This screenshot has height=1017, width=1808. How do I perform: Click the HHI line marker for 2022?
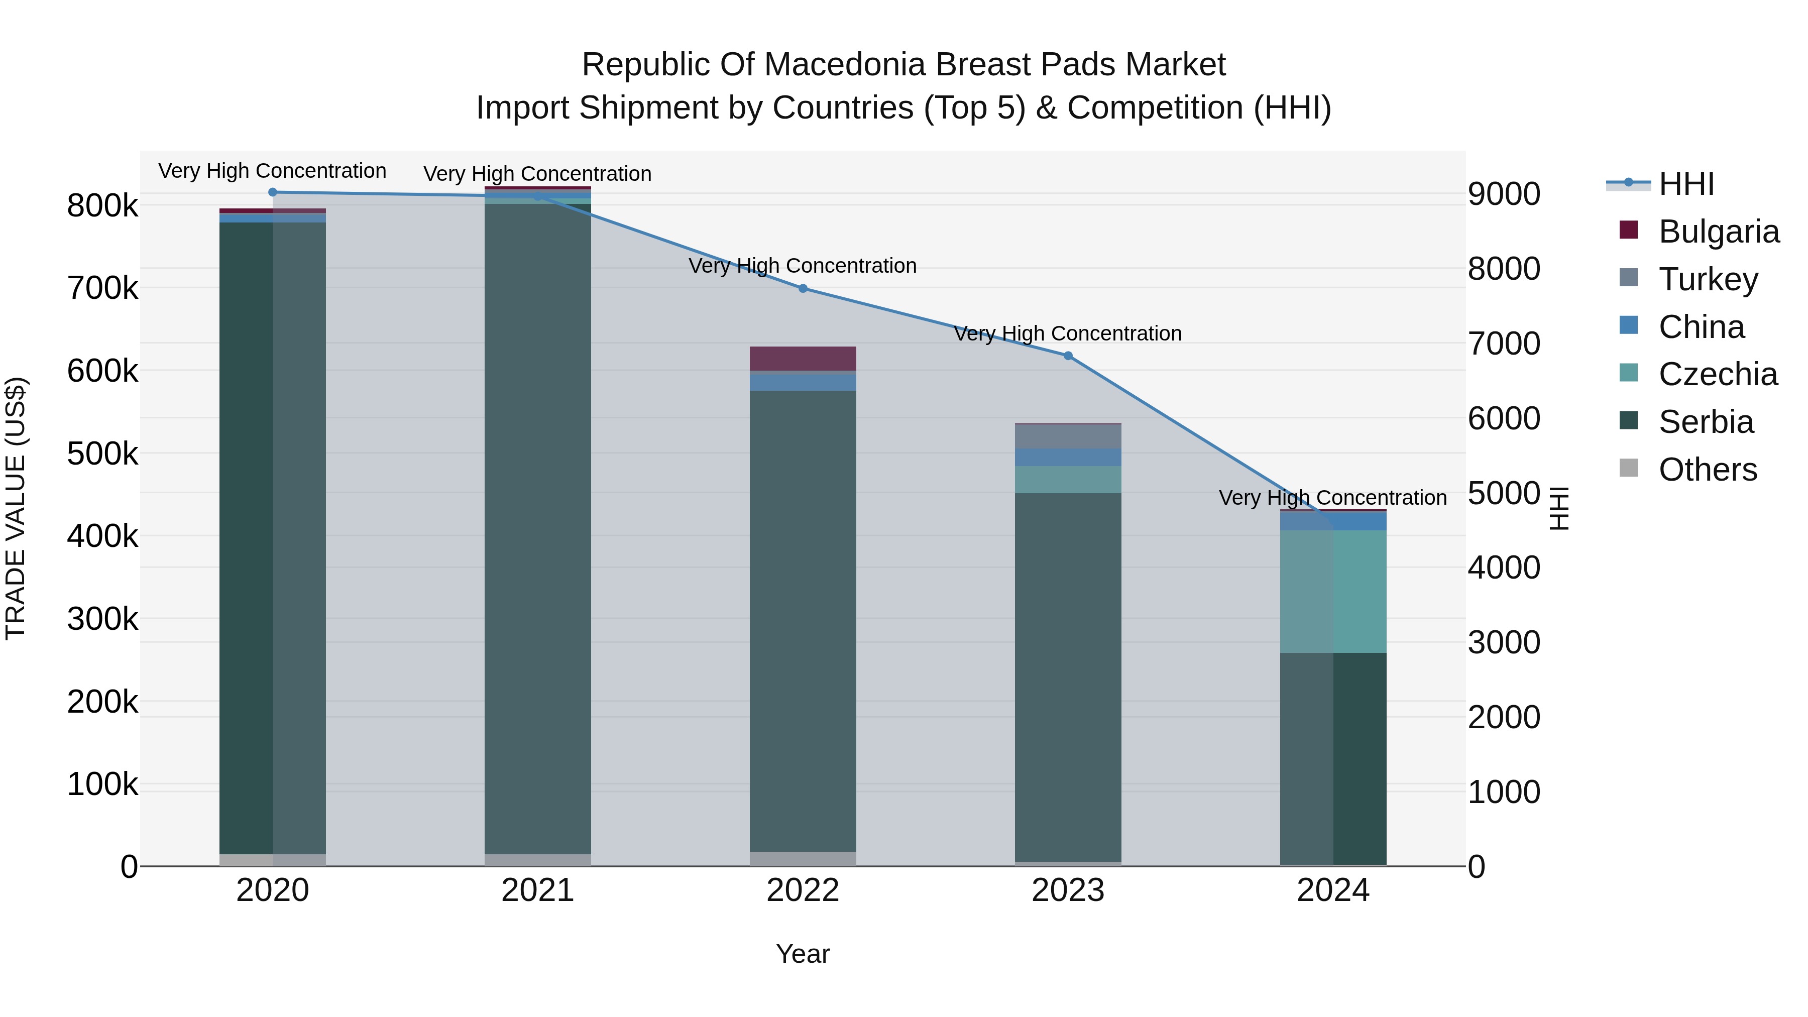(x=803, y=288)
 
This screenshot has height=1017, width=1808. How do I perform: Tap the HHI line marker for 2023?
(x=1068, y=356)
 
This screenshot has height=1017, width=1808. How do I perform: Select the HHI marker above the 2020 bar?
(x=273, y=192)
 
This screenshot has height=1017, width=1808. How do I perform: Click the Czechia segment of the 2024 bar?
(x=1333, y=592)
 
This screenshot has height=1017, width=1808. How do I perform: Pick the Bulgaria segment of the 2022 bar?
(x=803, y=359)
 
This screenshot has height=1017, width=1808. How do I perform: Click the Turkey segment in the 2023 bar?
(x=1068, y=436)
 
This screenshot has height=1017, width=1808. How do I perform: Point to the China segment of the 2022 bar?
(x=803, y=381)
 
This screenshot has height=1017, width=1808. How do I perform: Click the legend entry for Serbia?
(x=1706, y=422)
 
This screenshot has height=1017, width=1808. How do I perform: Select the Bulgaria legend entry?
(x=1718, y=232)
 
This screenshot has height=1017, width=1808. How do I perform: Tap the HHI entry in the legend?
(x=1686, y=184)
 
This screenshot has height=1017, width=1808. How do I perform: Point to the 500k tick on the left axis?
(x=102, y=454)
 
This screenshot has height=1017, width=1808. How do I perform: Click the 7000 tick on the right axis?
(x=1503, y=344)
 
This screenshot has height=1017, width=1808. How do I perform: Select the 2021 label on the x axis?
(x=537, y=890)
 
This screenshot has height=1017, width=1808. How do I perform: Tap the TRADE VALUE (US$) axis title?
(x=16, y=508)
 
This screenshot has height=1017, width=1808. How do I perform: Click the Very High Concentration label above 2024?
(x=1333, y=498)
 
